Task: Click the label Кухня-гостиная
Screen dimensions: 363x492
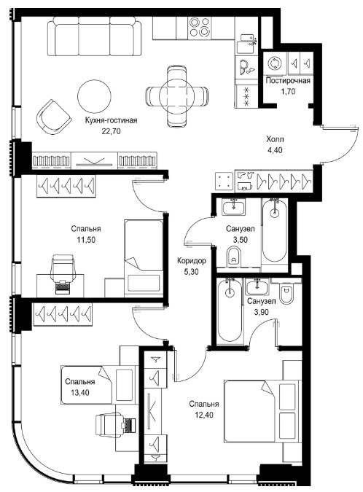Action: pyautogui.click(x=111, y=120)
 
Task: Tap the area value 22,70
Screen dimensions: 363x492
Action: pyautogui.click(x=111, y=131)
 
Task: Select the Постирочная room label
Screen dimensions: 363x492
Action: pyautogui.click(x=288, y=81)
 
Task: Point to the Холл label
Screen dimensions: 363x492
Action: pyautogui.click(x=275, y=139)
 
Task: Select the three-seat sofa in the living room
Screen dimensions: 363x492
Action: pyautogui.click(x=94, y=36)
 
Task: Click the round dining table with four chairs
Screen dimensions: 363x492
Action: pyautogui.click(x=176, y=95)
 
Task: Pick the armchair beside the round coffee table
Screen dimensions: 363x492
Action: pyautogui.click(x=53, y=117)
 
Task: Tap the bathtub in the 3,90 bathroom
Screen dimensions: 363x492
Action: pyautogui.click(x=230, y=311)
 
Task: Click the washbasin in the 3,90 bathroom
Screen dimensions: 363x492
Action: pyautogui.click(x=257, y=286)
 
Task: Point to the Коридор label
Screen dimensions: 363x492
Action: pyautogui.click(x=192, y=261)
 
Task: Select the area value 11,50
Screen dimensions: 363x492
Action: pyautogui.click(x=86, y=240)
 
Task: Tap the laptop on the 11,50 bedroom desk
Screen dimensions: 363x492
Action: pyautogui.click(x=63, y=286)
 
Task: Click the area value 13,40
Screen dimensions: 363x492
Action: pyautogui.click(x=80, y=393)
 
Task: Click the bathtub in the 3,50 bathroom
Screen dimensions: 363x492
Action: pyautogui.click(x=274, y=230)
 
